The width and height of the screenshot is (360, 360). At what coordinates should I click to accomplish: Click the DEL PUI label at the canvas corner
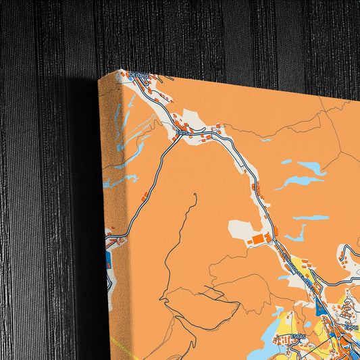[138, 75]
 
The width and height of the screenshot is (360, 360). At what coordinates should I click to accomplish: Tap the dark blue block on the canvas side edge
[108, 261]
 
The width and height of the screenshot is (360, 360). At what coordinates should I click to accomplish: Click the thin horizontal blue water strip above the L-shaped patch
[310, 217]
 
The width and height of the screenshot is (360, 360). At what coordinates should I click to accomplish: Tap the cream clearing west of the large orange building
[239, 228]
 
